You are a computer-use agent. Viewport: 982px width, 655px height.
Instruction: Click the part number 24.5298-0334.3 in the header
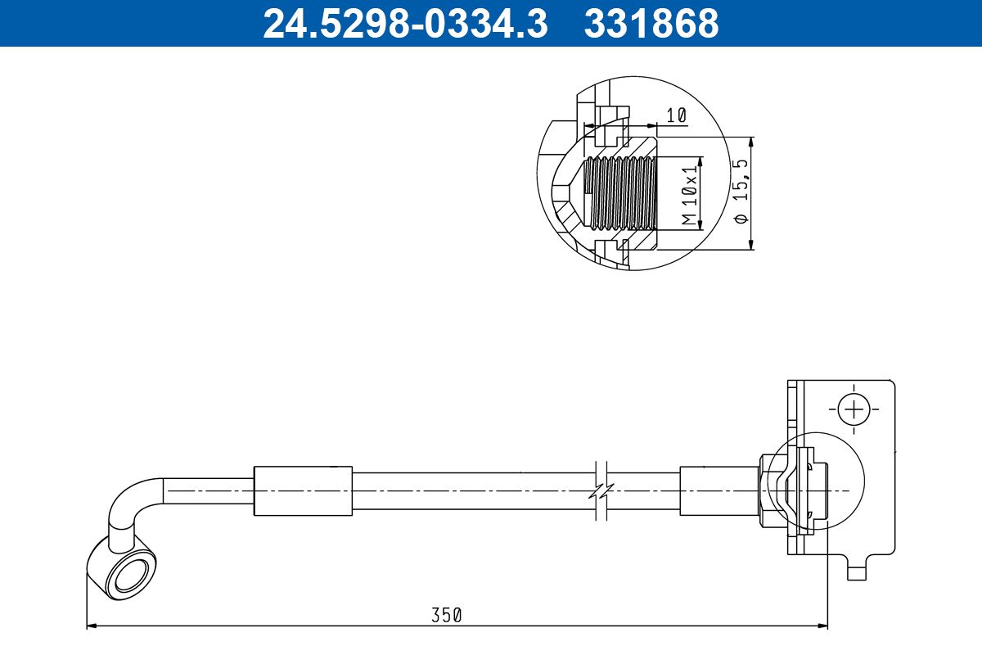[404, 23]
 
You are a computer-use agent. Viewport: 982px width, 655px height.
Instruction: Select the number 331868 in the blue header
[651, 23]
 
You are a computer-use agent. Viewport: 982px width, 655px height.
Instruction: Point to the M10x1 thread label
[689, 194]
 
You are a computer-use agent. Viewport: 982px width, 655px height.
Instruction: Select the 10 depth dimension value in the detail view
[675, 115]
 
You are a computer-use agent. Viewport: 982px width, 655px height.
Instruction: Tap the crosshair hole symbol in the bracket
[853, 407]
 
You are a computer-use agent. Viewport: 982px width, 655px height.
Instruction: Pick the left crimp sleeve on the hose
[303, 490]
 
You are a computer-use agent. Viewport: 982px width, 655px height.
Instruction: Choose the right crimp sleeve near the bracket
[718, 490]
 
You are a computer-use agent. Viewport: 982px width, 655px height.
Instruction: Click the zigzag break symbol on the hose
[601, 491]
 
